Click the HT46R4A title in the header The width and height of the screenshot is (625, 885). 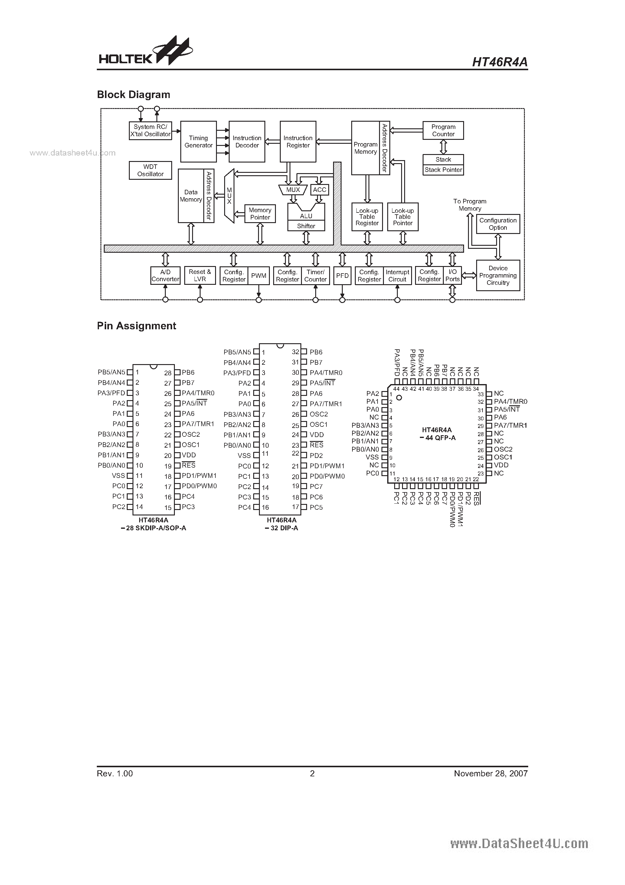click(x=499, y=62)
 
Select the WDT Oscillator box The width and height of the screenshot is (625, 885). click(x=150, y=170)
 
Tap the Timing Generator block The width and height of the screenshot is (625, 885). click(x=198, y=141)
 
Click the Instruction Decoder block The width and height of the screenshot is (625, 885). click(x=247, y=141)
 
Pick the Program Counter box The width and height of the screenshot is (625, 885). click(x=443, y=130)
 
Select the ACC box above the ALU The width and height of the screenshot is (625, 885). click(x=319, y=190)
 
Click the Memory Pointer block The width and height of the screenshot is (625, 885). click(x=260, y=214)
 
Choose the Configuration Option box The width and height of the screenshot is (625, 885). click(x=498, y=224)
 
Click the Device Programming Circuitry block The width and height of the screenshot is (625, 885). click(x=498, y=275)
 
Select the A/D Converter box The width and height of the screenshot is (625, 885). click(x=165, y=276)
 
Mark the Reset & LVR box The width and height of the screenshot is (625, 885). click(x=200, y=276)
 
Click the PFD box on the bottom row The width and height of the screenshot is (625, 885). click(x=342, y=276)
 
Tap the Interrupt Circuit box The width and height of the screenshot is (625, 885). click(x=397, y=276)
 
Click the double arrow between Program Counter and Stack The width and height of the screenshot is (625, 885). click(x=443, y=147)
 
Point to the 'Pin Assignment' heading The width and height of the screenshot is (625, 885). click(x=136, y=326)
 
